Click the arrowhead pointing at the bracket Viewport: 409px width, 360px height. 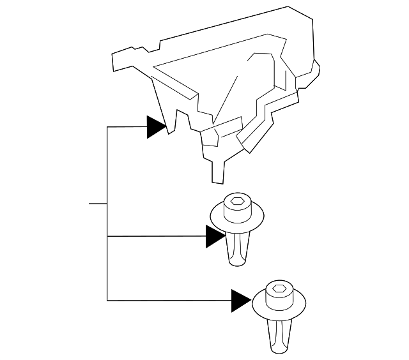coord(156,127)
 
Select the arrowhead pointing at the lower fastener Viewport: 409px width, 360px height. coord(241,300)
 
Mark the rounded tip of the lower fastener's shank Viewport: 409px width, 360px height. coord(278,349)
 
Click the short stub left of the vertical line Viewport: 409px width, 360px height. coord(98,204)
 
